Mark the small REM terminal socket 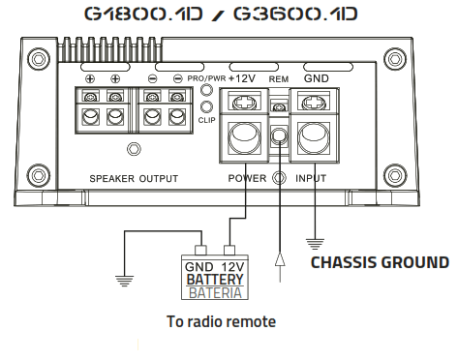point(280,137)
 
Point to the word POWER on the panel point(247,179)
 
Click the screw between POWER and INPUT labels point(280,179)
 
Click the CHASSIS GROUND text point(379,262)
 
